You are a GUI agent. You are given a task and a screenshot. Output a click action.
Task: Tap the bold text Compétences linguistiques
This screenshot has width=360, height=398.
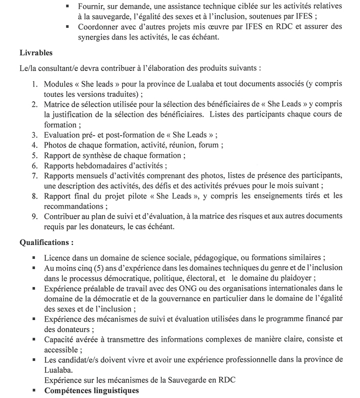coord(92,391)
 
